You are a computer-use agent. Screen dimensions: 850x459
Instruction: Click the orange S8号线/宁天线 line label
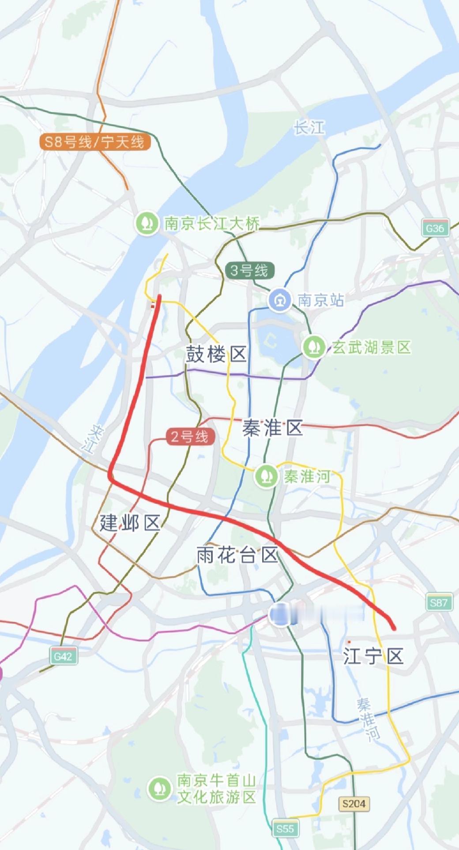click(94, 142)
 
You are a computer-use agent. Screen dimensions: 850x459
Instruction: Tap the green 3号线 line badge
click(249, 270)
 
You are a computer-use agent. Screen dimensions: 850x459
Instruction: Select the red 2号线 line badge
click(190, 437)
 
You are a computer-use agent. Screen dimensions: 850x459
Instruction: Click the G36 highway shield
click(435, 228)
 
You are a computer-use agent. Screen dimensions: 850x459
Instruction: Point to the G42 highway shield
click(63, 656)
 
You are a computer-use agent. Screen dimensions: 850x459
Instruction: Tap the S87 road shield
click(439, 603)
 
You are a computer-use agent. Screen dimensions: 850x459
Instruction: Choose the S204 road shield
click(354, 804)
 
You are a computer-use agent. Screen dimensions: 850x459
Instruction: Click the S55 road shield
click(285, 828)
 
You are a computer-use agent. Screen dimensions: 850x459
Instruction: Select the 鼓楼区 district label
click(216, 354)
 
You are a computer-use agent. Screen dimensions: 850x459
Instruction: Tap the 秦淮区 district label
click(272, 428)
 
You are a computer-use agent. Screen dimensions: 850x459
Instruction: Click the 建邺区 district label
click(129, 523)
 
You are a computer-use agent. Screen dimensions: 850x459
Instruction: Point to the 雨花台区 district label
click(237, 555)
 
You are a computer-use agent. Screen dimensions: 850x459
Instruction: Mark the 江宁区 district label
click(373, 656)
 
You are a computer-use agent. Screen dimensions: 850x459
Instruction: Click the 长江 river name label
click(309, 128)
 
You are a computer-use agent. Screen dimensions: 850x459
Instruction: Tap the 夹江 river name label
click(94, 439)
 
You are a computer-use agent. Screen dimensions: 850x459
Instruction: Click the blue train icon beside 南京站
click(280, 300)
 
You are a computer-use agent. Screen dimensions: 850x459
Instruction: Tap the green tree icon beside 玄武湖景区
click(314, 347)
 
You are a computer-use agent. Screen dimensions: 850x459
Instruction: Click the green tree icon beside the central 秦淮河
click(266, 476)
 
